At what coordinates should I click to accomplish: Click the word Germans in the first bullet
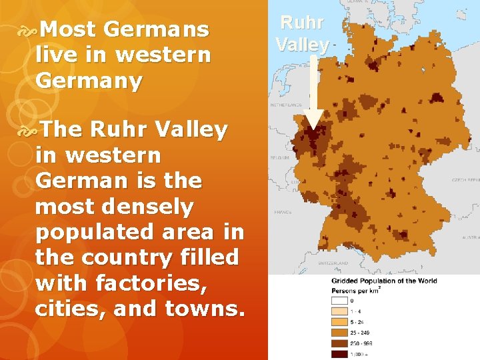[x=157, y=29]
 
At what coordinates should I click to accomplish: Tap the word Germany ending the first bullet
[x=89, y=81]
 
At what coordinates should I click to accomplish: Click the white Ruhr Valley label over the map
[x=302, y=33]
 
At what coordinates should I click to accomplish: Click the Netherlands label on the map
[x=286, y=105]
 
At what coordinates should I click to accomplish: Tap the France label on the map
[x=283, y=212]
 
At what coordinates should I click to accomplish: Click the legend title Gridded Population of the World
[x=384, y=281]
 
